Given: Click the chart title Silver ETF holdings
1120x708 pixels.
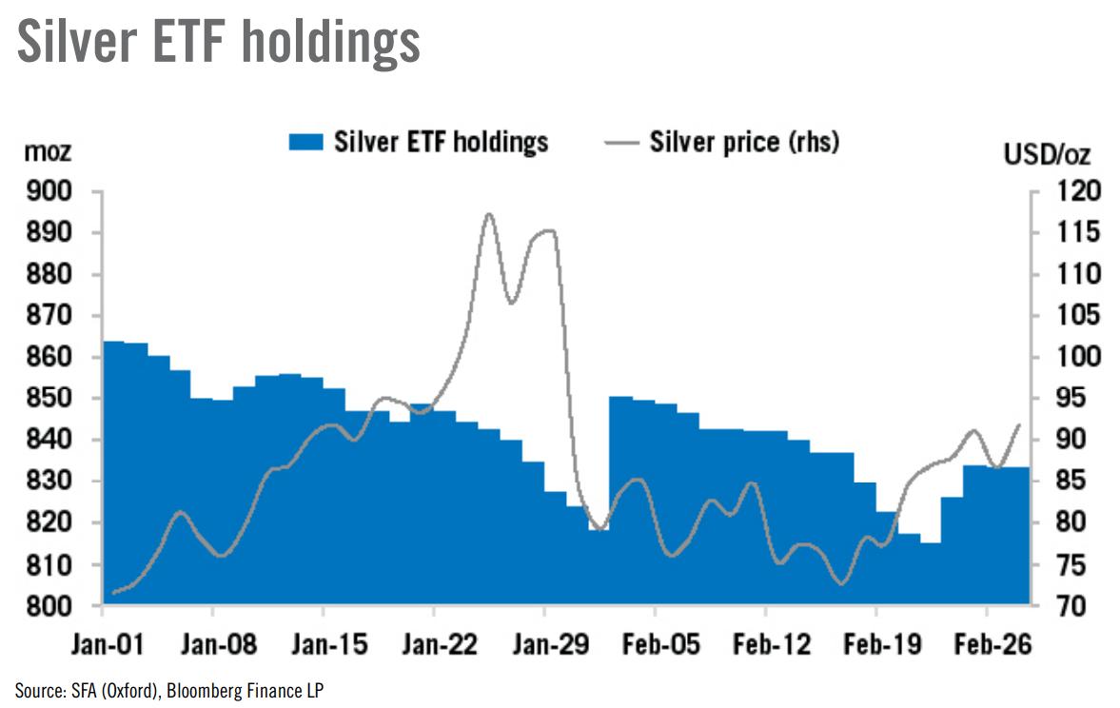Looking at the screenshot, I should coord(218,42).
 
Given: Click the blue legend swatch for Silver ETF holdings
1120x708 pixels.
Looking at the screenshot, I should coord(305,143).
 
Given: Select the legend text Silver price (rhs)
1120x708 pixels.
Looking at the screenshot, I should coord(743,143).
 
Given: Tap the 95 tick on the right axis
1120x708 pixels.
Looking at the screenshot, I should coord(1054,399).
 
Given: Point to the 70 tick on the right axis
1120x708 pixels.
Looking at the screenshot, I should coord(1054,605).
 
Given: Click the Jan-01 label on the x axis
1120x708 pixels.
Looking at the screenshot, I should coord(104,646).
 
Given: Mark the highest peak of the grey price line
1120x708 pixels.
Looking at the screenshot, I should coord(489,214).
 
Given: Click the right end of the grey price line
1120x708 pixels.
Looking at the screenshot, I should coord(1020,424).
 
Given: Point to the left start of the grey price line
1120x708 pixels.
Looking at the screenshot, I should coord(113,593).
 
